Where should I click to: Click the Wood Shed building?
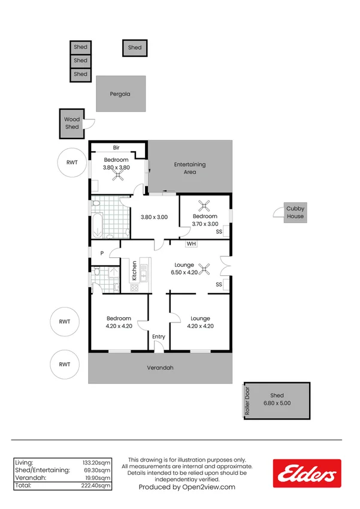click(x=72, y=124)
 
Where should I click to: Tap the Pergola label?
click(x=120, y=94)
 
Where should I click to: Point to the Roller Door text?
click(x=246, y=401)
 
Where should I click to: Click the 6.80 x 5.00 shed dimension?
click(x=277, y=403)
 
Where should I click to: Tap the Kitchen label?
click(x=135, y=271)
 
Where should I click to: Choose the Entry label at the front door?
click(x=158, y=337)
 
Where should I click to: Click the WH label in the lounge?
click(x=191, y=244)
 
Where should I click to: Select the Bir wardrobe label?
click(x=118, y=147)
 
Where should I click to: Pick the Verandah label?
click(x=160, y=368)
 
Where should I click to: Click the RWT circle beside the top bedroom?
click(x=72, y=162)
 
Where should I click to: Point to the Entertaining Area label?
click(x=190, y=168)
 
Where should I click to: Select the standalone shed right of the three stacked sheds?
click(x=135, y=47)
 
